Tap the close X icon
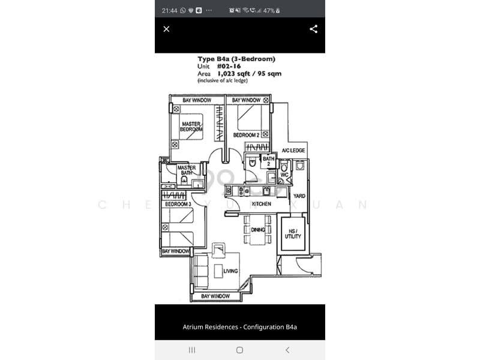click(167, 29)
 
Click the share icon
click(313, 29)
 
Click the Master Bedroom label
click(191, 127)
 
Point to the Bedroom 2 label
click(246, 136)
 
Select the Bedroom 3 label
click(178, 204)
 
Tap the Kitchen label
click(261, 204)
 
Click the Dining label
click(258, 230)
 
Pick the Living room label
click(230, 271)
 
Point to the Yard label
click(299, 196)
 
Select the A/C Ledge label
click(293, 150)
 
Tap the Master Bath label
click(186, 170)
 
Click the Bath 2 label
click(268, 161)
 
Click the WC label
click(284, 175)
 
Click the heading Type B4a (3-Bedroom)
click(236, 59)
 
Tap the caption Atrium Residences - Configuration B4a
click(240, 327)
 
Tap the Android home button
click(239, 350)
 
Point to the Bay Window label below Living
click(215, 296)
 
